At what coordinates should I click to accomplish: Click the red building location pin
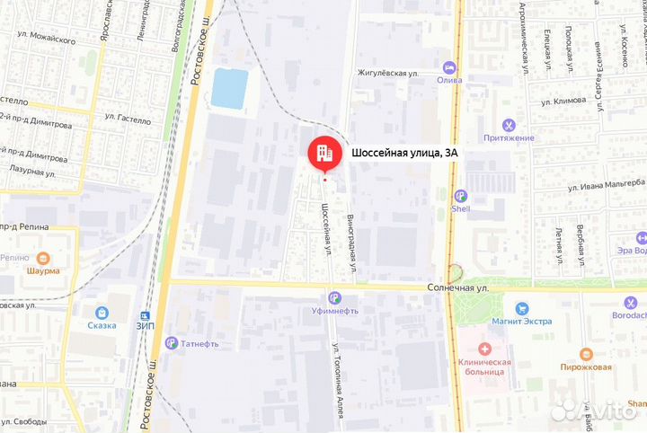[x=323, y=155]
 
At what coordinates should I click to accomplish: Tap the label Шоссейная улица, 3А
[x=404, y=154]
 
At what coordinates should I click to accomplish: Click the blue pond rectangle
[x=229, y=89]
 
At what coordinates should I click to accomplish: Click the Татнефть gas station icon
[x=171, y=341]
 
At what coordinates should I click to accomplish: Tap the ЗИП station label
[x=145, y=325]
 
